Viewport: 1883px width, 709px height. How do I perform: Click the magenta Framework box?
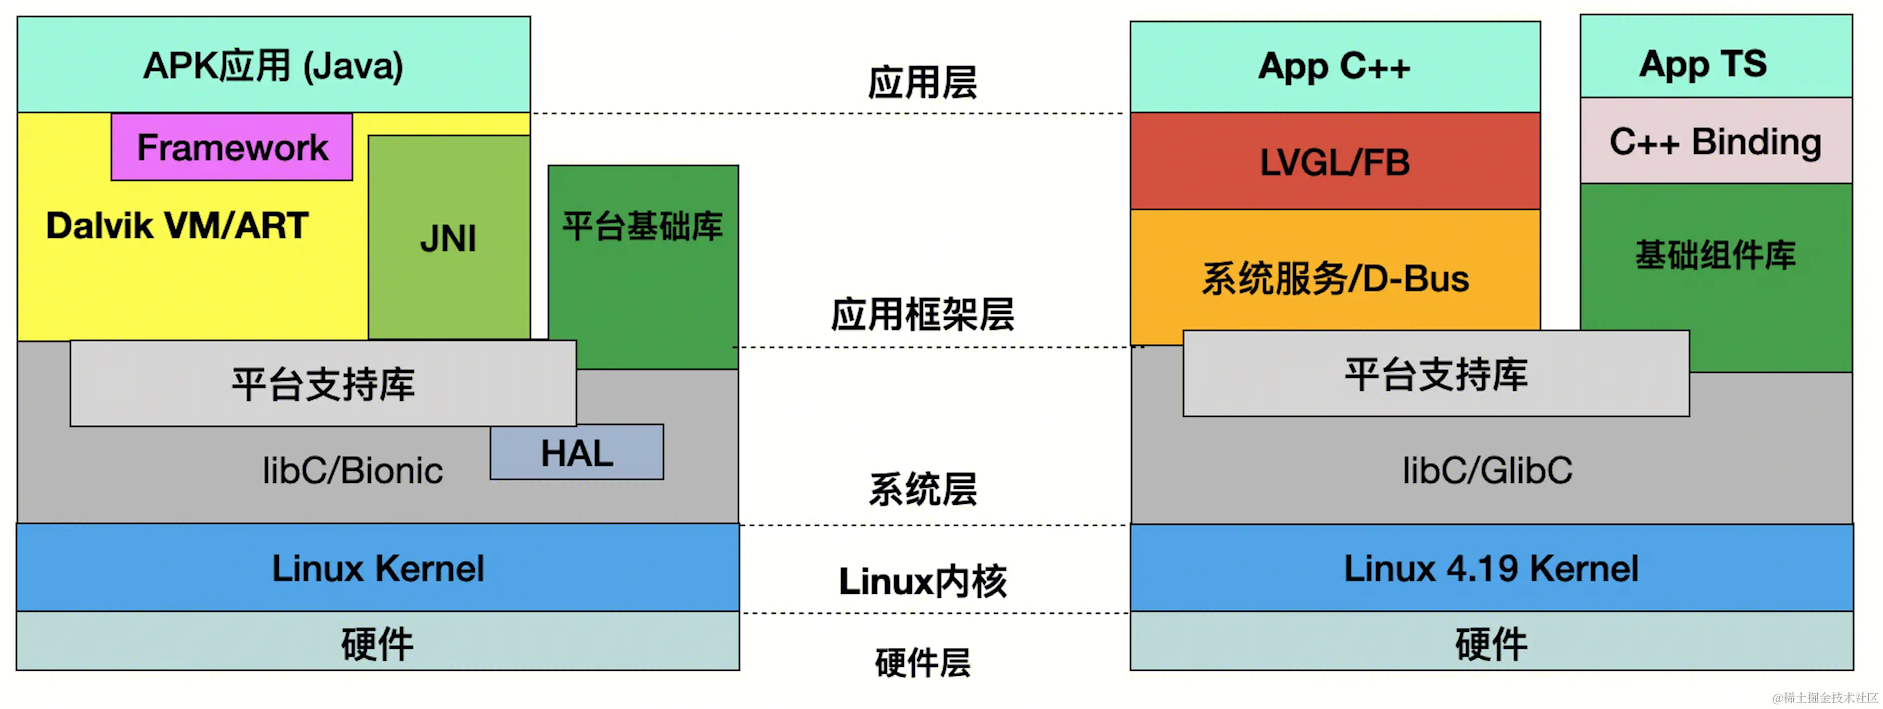coord(232,147)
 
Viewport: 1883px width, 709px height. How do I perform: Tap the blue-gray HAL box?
coord(577,452)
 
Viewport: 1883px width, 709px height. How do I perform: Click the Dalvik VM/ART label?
coord(176,225)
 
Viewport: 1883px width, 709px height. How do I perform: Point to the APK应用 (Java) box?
coord(273,65)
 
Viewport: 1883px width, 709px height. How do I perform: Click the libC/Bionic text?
coord(353,470)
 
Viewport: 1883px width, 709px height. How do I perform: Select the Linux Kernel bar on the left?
coord(377,568)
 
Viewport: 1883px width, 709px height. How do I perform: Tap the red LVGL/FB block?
coord(1335,162)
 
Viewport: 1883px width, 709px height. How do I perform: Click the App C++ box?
coord(1335,67)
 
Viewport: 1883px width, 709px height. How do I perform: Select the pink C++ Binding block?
coord(1715,141)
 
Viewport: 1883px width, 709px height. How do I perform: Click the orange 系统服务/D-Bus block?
coord(1335,278)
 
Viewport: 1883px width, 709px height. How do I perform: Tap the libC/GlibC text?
coord(1487,470)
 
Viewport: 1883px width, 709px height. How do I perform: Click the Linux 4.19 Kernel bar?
coord(1491,568)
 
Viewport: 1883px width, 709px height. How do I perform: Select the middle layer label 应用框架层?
coord(922,315)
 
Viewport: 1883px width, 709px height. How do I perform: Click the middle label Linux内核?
coord(922,582)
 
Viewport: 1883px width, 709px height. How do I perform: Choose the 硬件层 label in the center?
coord(922,663)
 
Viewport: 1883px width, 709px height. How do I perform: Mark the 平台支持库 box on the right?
coord(1436,374)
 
